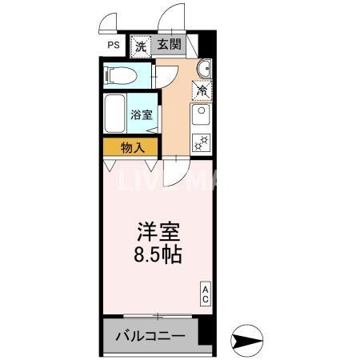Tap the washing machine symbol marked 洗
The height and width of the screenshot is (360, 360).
point(141,46)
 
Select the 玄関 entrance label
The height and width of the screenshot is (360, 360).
point(169,46)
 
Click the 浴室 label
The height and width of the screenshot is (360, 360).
point(143,114)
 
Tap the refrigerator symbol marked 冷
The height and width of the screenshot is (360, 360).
point(202,90)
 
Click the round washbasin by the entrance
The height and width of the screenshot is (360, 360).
point(202,67)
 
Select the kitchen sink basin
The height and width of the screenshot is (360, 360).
point(201,118)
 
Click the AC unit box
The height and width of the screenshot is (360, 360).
point(205,294)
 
